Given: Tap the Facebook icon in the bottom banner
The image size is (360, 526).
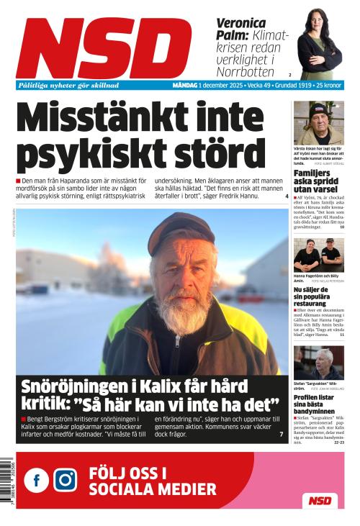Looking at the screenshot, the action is pos(36,480).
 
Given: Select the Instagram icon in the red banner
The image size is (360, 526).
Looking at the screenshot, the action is pos(66,480).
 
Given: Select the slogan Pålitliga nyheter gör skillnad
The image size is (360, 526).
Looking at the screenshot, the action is pos(68,86).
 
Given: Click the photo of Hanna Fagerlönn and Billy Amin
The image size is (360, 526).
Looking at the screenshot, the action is pos(318,255).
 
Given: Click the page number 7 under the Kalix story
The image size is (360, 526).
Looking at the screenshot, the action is pos(281,435).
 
